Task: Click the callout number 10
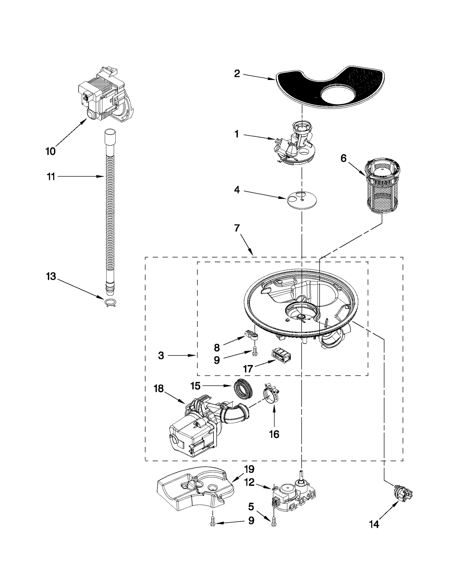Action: coord(51,151)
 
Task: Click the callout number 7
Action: coord(237,228)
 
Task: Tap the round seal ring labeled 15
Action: coord(243,392)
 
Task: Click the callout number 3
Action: coord(161,355)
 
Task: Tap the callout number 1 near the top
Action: coord(237,134)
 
